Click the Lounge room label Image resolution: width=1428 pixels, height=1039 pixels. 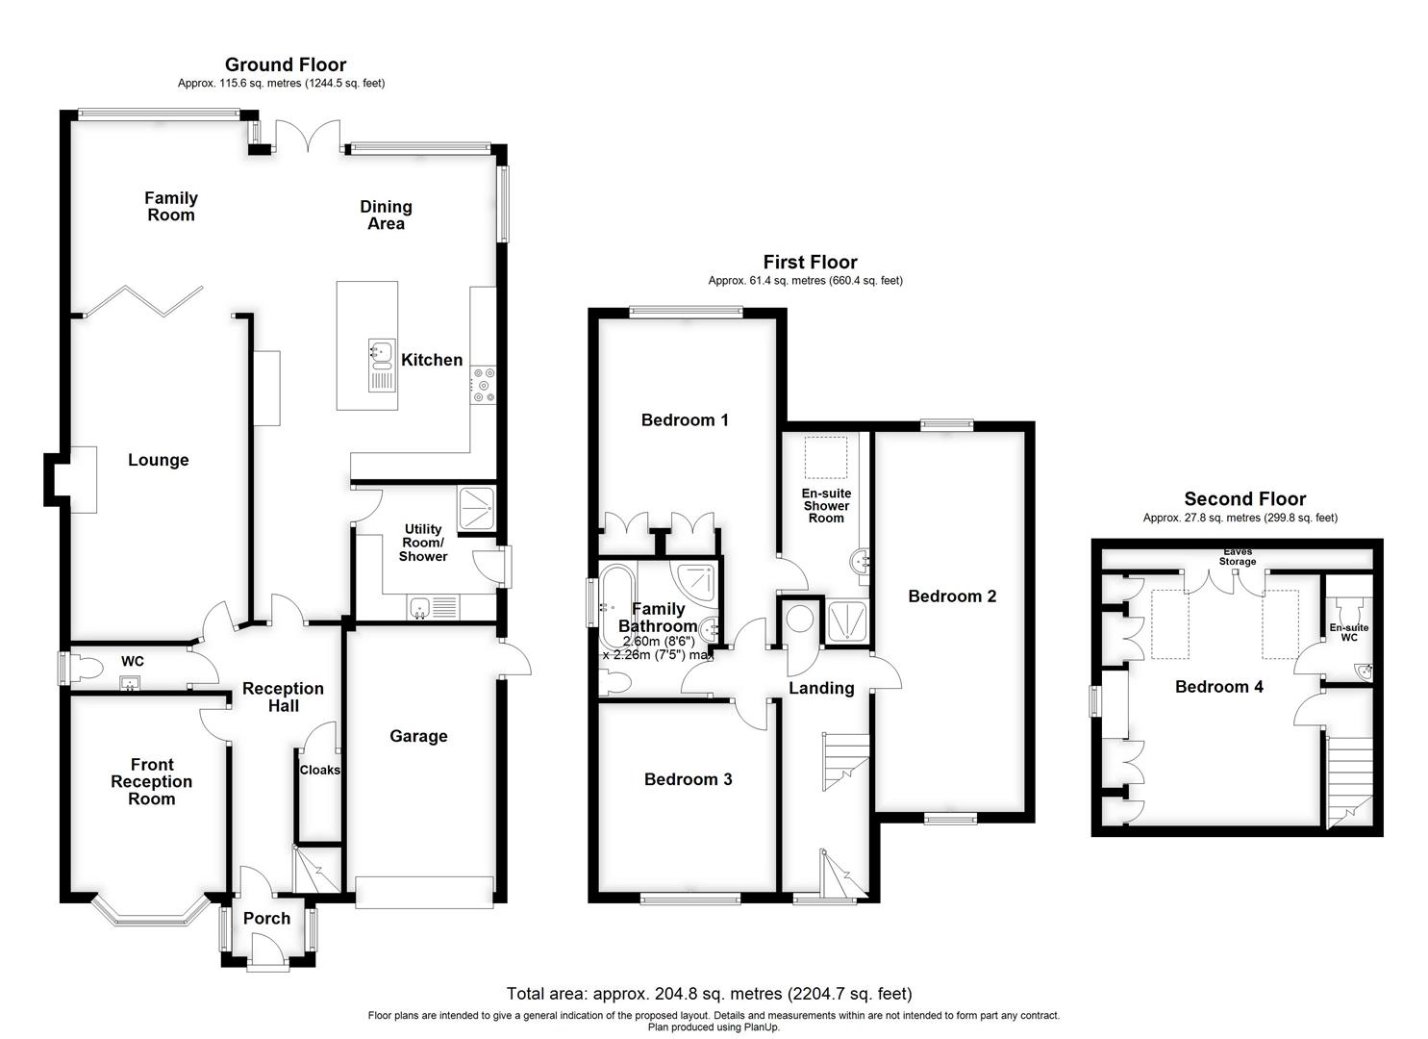click(159, 460)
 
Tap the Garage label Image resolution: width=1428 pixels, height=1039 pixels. click(418, 736)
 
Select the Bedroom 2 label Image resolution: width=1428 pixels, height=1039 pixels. click(952, 596)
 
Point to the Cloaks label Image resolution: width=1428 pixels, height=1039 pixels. click(319, 770)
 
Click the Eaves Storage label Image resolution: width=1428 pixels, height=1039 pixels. click(1237, 556)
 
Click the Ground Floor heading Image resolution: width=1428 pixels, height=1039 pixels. click(286, 64)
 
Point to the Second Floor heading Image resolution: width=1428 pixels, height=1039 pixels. click(1244, 498)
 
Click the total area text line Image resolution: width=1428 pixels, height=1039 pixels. click(709, 994)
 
